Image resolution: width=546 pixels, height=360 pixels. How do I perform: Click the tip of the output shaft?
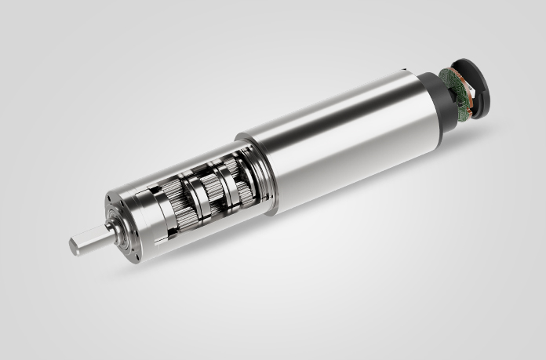click(74, 245)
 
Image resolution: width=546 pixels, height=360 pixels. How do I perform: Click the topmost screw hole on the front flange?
click(126, 197)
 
